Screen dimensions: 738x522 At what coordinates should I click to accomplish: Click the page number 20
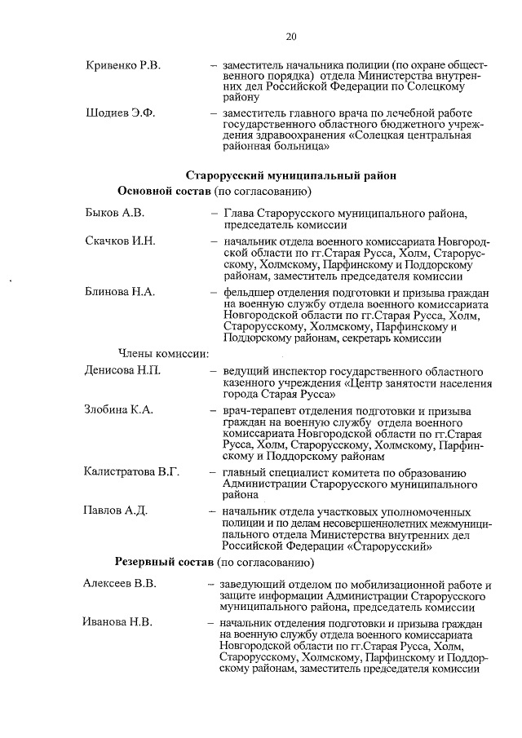291,37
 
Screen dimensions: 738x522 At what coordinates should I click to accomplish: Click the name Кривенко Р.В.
122,65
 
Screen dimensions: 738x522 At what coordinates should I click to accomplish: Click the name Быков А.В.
115,214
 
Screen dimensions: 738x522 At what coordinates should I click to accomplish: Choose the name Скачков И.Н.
120,242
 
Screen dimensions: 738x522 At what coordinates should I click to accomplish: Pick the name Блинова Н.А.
120,292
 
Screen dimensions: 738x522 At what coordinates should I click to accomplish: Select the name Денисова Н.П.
123,371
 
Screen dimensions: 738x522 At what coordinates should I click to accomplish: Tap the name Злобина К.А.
119,410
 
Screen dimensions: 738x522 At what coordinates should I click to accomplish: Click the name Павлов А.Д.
116,511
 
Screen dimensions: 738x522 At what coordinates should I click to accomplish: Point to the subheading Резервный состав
166,563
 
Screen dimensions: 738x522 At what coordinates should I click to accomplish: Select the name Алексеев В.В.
120,584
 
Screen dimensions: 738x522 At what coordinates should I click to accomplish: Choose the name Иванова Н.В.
117,623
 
